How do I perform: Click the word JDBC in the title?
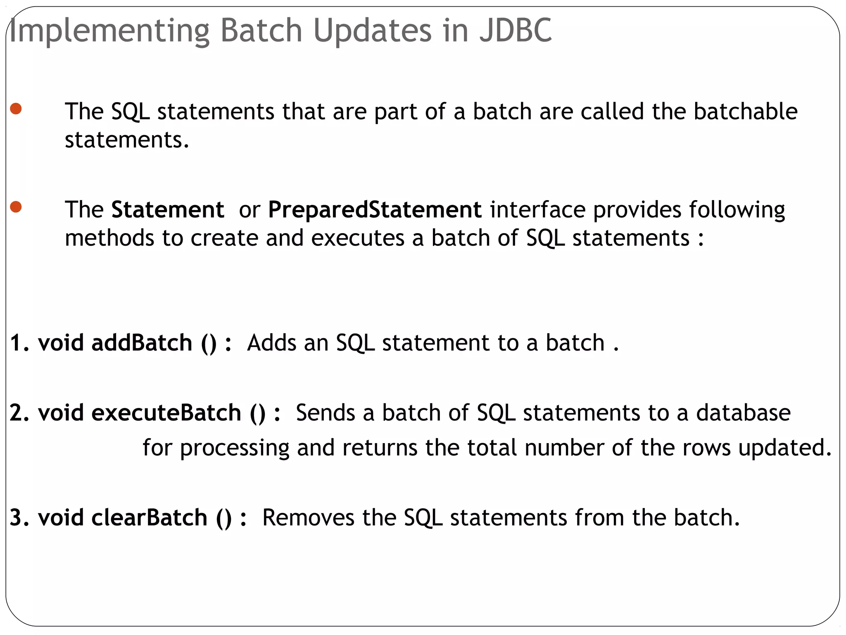click(x=515, y=30)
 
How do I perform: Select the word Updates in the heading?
click(x=372, y=31)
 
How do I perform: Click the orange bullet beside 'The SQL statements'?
click(x=16, y=109)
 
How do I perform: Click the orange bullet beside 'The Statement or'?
click(x=16, y=207)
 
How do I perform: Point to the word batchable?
click(x=745, y=111)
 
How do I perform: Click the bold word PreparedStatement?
click(x=375, y=209)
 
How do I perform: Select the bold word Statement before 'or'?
click(x=167, y=209)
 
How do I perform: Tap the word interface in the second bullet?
click(x=537, y=209)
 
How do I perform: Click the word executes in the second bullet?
click(x=357, y=238)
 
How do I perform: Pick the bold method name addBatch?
click(x=142, y=343)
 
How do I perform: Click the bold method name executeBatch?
click(x=166, y=413)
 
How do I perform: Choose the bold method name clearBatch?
click(x=149, y=517)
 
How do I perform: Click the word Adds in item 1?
click(x=271, y=343)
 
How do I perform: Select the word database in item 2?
click(x=743, y=413)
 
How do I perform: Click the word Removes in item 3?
click(x=308, y=517)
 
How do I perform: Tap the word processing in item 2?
click(x=235, y=448)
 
